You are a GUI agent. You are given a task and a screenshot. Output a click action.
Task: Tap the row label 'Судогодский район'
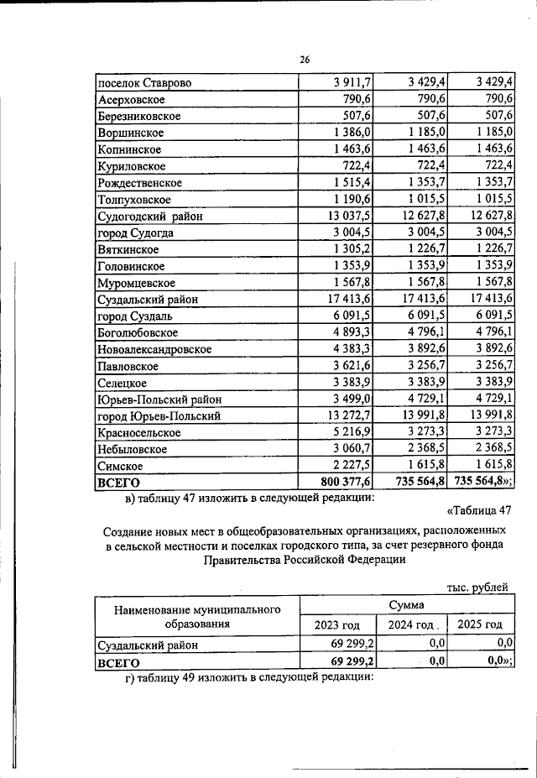(x=149, y=217)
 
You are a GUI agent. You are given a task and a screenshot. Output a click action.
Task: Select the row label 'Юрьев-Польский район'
(x=159, y=399)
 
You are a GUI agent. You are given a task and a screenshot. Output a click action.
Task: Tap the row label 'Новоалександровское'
(x=154, y=349)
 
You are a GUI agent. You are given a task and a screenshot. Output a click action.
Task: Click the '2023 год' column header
(x=336, y=624)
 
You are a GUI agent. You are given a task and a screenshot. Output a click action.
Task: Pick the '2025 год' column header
(x=480, y=624)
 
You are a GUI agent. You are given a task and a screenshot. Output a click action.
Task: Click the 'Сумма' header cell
(x=406, y=604)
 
